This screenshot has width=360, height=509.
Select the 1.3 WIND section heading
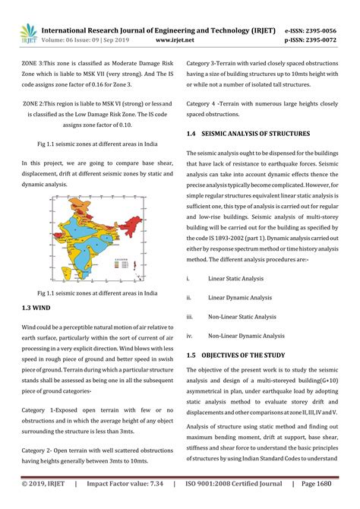click(x=37, y=309)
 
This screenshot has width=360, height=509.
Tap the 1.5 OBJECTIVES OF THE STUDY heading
click(x=242, y=355)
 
